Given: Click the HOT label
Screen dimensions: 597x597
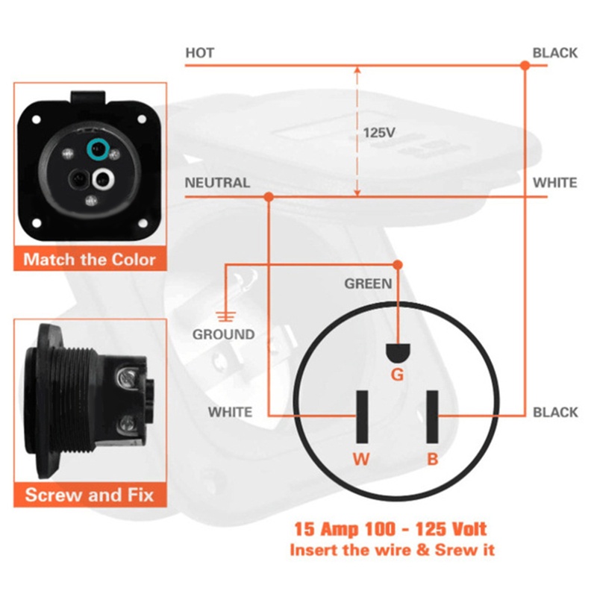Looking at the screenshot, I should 199,53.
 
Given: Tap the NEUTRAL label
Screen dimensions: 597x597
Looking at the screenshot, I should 217,183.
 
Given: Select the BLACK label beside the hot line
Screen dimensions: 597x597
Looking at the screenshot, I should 554,53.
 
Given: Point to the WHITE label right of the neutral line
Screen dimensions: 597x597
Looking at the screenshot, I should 554,183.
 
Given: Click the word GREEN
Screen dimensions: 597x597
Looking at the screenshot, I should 368,284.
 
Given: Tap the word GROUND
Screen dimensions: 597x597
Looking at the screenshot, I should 223,334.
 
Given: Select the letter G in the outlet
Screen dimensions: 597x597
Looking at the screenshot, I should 397,375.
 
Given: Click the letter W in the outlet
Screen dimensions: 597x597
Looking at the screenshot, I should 361,459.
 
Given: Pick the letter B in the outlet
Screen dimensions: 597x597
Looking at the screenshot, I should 433,459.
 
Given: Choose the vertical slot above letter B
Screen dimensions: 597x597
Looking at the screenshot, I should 432,416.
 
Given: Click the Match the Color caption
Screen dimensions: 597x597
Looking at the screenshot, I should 90,260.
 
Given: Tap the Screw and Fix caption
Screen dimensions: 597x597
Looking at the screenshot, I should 90,495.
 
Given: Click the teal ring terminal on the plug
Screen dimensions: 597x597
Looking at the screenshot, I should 96,151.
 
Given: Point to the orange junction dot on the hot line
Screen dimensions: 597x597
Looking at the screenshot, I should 525,66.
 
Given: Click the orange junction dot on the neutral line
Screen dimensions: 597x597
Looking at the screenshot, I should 269,197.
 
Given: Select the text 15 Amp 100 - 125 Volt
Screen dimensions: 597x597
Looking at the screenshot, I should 390,530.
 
